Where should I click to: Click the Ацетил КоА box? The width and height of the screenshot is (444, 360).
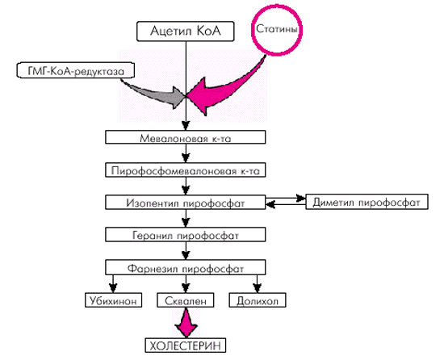(x=186, y=31)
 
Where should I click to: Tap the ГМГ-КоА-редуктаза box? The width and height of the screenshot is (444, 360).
(x=75, y=70)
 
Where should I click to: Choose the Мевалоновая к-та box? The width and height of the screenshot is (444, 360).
(x=186, y=137)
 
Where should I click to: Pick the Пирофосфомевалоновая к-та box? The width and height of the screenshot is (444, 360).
(x=186, y=170)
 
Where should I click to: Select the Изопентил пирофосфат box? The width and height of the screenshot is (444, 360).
(x=186, y=202)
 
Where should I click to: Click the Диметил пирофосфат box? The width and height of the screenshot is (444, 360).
(x=367, y=202)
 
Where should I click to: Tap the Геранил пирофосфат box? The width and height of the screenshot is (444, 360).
(x=186, y=235)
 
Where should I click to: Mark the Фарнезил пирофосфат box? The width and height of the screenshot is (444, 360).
(x=186, y=267)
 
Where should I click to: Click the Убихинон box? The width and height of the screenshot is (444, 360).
(x=113, y=300)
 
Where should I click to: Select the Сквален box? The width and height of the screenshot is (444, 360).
(x=186, y=300)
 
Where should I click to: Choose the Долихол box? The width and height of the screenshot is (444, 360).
(x=258, y=300)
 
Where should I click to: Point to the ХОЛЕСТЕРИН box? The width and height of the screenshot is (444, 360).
(x=186, y=345)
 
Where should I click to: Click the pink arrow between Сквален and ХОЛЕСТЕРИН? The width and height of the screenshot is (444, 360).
(x=186, y=323)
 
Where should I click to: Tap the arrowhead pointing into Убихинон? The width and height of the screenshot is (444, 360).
(x=113, y=288)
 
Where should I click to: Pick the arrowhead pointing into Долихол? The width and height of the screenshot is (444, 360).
(x=257, y=288)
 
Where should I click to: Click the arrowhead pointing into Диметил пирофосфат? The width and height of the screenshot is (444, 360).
(x=301, y=198)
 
